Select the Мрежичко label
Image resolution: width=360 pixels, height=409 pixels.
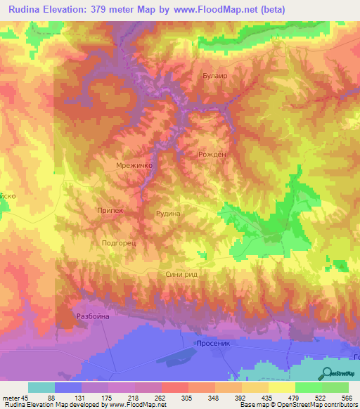click(134, 167)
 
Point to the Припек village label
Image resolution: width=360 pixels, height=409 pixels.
click(109, 210)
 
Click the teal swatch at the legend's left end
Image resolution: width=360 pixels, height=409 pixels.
click(41, 387)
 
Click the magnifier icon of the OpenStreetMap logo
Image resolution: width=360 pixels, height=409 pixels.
click(327, 373)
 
